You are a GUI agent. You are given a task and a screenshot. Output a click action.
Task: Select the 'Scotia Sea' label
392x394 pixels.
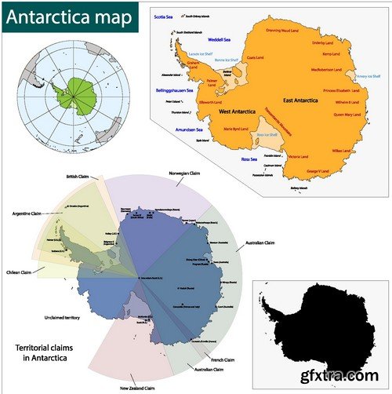point(164,16)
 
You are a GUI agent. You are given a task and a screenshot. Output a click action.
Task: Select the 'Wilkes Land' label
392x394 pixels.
point(342,150)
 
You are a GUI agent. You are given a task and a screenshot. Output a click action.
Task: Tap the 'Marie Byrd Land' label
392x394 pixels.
point(236,128)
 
